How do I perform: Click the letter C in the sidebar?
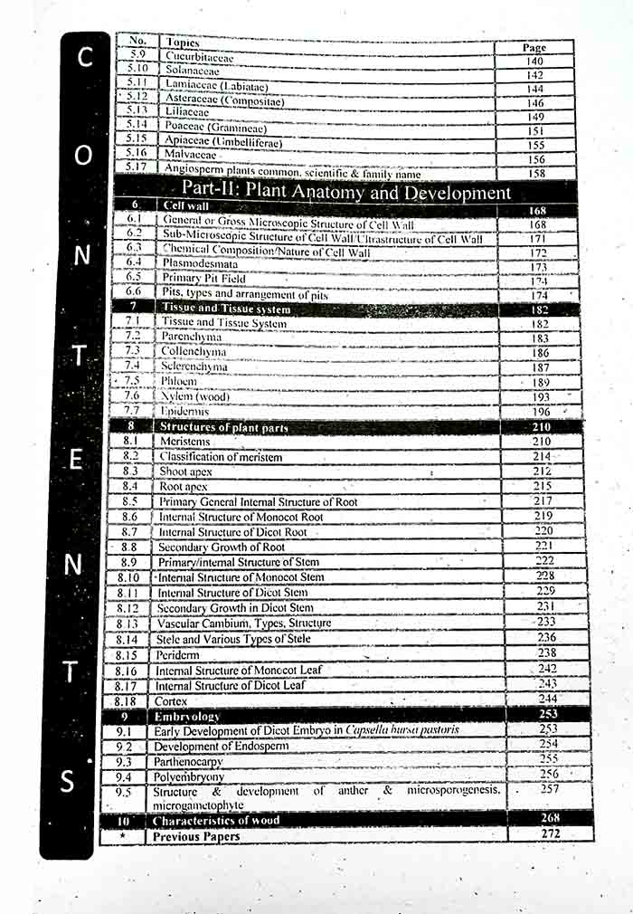[x=84, y=57]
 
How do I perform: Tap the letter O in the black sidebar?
[x=83, y=155]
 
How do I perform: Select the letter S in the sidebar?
[x=68, y=781]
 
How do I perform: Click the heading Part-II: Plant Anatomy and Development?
[x=346, y=192]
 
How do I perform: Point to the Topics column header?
[x=183, y=43]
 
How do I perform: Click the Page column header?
[x=534, y=47]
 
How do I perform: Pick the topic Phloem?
[x=180, y=381]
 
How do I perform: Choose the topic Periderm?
[x=177, y=654]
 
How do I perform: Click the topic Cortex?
[x=171, y=700]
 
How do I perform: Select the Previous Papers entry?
[x=196, y=836]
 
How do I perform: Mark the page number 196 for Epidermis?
[x=542, y=412]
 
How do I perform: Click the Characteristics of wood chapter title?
[x=216, y=821]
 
